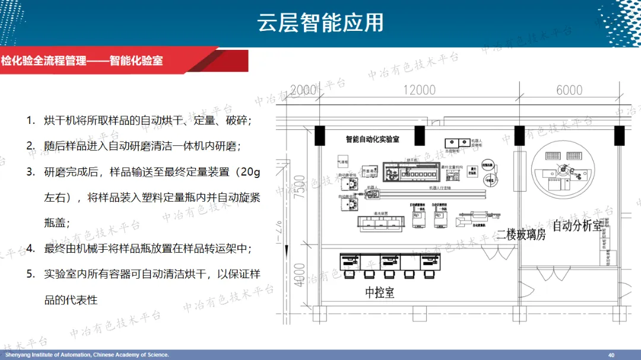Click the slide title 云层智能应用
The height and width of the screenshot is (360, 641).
tap(320, 23)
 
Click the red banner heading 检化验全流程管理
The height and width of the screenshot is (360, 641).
tap(44, 60)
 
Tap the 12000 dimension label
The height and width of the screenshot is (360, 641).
tap(419, 90)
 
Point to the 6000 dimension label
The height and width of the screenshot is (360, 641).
tap(569, 90)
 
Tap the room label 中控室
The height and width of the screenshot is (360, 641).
tap(379, 292)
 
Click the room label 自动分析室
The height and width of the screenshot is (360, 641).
tap(577, 226)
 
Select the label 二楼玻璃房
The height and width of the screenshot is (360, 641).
tap(521, 234)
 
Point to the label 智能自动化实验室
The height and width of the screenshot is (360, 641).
tap(372, 139)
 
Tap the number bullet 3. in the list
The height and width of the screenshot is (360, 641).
tap(30, 172)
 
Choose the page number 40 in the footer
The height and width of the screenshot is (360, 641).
tap(611, 355)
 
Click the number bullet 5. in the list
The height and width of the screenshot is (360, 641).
tap(30, 274)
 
